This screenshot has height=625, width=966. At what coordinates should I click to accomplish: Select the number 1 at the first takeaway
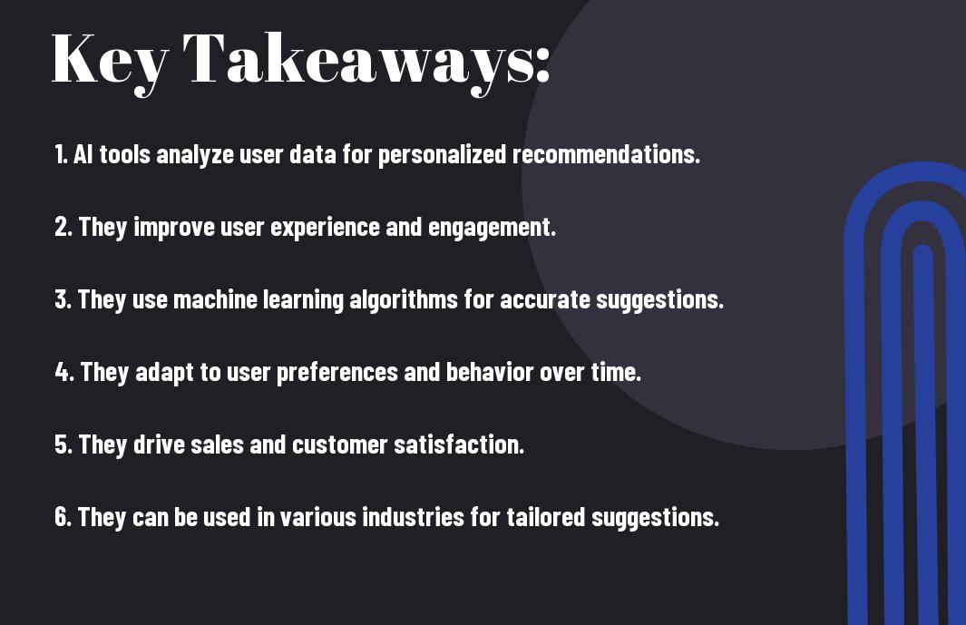[59, 154]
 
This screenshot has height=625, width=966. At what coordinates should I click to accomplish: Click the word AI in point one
[83, 154]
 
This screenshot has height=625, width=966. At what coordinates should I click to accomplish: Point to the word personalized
[442, 155]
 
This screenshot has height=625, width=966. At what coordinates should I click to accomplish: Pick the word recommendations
[606, 154]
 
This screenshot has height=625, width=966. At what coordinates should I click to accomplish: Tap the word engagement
[492, 228]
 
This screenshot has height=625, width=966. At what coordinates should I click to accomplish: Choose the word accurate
[544, 299]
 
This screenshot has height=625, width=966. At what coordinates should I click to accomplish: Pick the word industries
[413, 517]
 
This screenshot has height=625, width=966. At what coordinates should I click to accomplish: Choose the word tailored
[545, 517]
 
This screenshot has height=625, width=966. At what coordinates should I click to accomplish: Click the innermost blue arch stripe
[922, 432]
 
